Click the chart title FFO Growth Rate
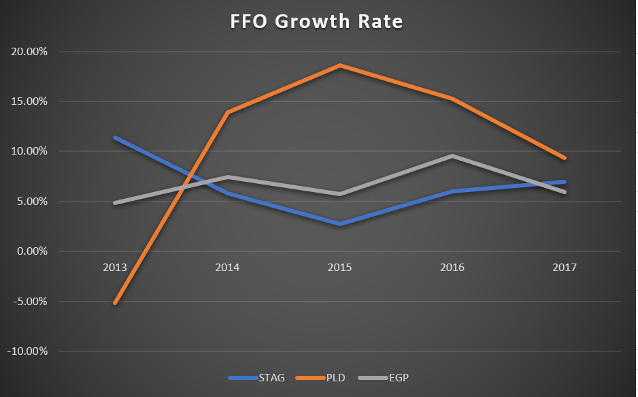[x=316, y=22]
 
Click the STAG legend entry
[x=256, y=378]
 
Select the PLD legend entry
[x=320, y=378]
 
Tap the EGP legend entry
[x=384, y=378]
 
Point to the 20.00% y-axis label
[x=29, y=52]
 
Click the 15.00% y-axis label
[x=29, y=101]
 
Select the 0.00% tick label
[x=32, y=251]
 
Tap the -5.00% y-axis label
[x=30, y=302]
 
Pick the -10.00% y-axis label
[x=27, y=351]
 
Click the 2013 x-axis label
[x=115, y=268]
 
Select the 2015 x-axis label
[x=340, y=268]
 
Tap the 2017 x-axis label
[x=565, y=268]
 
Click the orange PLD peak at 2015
[x=340, y=65]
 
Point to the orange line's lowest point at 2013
[x=115, y=303]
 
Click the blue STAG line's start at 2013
[x=115, y=138]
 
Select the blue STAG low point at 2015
[x=340, y=224]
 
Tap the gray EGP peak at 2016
[x=452, y=156]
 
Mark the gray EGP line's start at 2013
[x=115, y=203]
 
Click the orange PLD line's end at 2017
[x=565, y=158]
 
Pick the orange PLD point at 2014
[x=227, y=112]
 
